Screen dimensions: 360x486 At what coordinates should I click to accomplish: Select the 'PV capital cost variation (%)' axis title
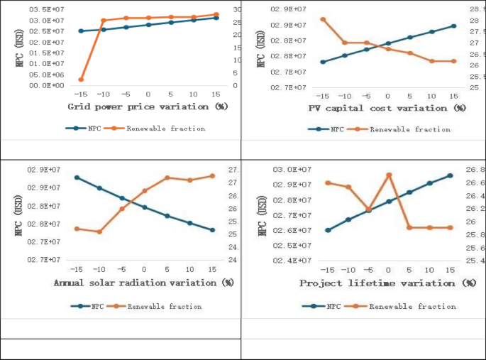387,108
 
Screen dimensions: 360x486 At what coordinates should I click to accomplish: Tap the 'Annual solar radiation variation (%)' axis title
144,283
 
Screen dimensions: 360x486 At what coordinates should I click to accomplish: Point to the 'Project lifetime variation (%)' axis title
387,283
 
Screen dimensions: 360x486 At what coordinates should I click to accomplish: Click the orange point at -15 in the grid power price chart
81,80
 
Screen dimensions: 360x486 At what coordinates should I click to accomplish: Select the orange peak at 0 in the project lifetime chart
389,175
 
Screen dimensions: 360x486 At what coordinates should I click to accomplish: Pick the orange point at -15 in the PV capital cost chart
323,19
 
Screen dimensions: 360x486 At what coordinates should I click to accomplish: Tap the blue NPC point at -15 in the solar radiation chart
77,178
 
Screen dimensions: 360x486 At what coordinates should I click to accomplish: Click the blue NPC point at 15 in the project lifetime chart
450,175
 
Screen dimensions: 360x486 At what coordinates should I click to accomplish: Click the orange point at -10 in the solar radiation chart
99,231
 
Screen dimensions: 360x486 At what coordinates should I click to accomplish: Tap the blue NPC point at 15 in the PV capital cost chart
453,26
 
